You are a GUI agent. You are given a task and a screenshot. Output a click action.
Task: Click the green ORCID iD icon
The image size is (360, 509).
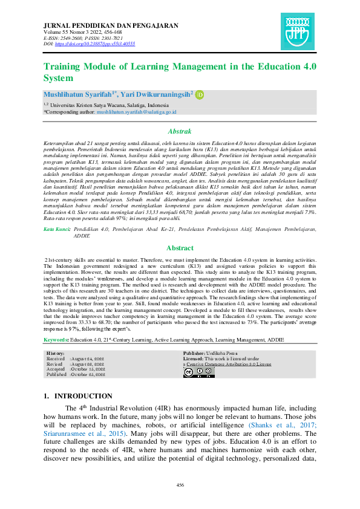point(200,94)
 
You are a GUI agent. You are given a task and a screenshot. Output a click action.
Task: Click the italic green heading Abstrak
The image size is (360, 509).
point(180,131)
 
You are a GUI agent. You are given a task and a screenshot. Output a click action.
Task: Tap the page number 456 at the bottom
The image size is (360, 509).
point(180,485)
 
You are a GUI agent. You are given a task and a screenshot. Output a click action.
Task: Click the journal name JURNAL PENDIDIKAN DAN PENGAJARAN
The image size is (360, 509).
point(111,26)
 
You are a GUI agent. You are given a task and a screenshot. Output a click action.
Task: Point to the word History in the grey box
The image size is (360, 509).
point(56,353)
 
